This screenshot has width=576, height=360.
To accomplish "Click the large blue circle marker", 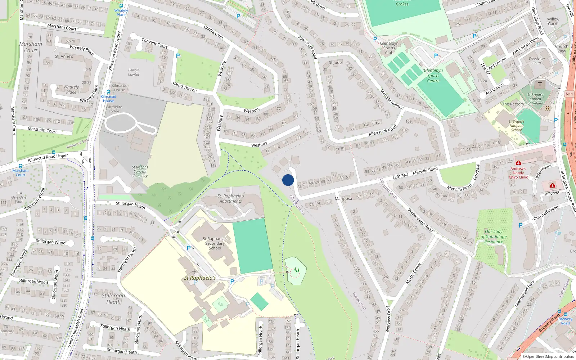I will (x=288, y=180).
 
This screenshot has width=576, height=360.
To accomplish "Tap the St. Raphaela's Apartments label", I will (x=231, y=199).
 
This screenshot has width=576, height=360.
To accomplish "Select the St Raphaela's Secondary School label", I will (x=215, y=243).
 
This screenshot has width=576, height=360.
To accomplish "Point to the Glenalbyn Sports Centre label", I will (x=433, y=76).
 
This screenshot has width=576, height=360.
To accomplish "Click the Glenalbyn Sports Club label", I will (x=389, y=48).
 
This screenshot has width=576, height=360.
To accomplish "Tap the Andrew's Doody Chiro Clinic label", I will (x=518, y=173).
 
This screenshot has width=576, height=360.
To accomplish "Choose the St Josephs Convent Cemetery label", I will (x=140, y=171).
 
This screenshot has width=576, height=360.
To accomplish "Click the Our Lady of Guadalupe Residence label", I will (x=494, y=237).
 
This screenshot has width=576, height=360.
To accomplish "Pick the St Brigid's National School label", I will (x=517, y=126).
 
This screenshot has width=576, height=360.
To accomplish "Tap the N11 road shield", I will (x=569, y=94).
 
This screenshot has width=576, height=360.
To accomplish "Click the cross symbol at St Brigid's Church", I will (x=540, y=84).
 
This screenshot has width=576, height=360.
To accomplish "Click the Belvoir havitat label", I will (x=134, y=72).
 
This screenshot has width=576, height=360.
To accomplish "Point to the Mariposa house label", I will (x=343, y=199).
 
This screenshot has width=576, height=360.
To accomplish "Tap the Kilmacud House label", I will (x=120, y=88).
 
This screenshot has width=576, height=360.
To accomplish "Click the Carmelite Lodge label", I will (x=114, y=109).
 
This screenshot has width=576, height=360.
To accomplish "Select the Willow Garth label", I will (x=553, y=22).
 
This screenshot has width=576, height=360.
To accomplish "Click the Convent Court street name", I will (x=154, y=43).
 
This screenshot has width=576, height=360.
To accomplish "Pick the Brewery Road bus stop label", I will (x=565, y=321).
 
